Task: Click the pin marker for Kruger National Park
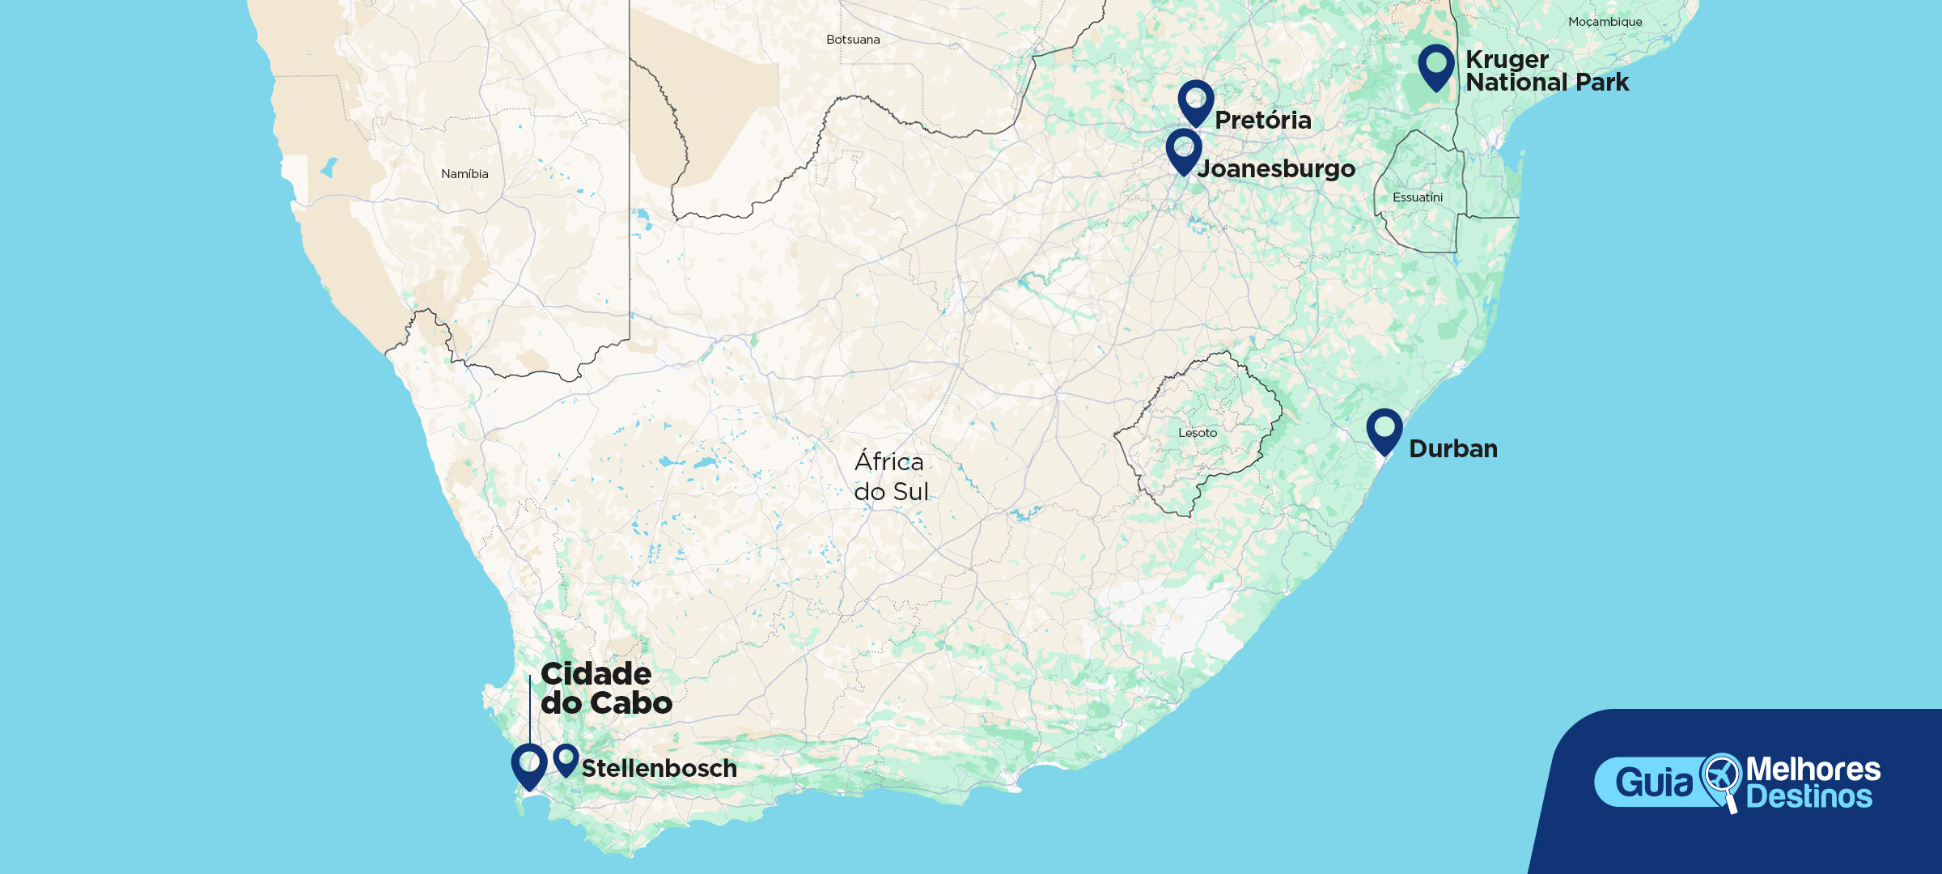click(x=1436, y=65)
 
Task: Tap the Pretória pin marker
click(x=1196, y=100)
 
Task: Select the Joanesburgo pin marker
click(x=1184, y=149)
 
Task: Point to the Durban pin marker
click(x=1384, y=429)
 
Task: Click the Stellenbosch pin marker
click(x=566, y=758)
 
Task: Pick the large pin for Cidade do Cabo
click(x=529, y=764)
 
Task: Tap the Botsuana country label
click(x=853, y=40)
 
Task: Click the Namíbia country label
click(x=464, y=174)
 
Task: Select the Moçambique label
click(x=1605, y=22)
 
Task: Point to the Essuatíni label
click(x=1417, y=197)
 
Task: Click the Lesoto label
click(x=1198, y=433)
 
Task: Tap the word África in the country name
click(x=888, y=462)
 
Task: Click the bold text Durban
click(x=1453, y=449)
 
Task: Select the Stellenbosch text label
click(x=659, y=769)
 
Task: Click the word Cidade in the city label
click(x=596, y=674)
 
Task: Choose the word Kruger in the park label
click(x=1507, y=60)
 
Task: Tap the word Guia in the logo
click(x=1654, y=783)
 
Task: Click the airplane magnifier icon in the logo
click(x=1720, y=779)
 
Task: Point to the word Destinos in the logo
click(x=1809, y=797)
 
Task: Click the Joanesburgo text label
click(x=1276, y=169)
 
